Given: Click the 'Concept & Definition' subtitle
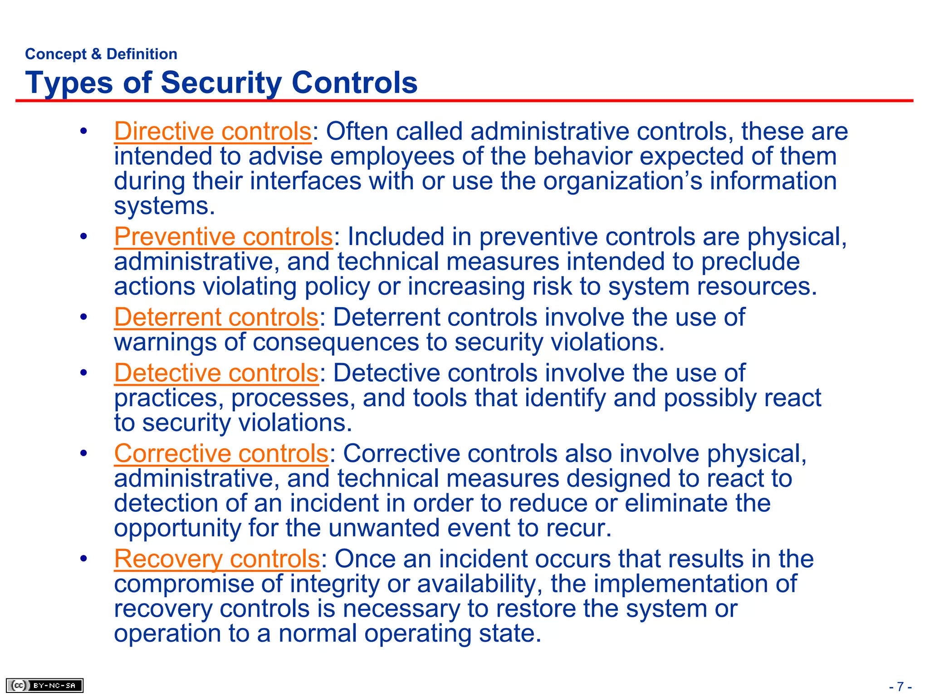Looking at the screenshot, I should (101, 54).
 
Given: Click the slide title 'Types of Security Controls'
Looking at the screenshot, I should (221, 83).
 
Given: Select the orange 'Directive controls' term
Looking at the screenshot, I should (213, 132).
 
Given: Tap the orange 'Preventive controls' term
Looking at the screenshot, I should (224, 237).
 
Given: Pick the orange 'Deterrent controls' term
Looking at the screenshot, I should (216, 317).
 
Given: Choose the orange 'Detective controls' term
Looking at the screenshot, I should (216, 373).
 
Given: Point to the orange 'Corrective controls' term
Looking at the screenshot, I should (221, 453).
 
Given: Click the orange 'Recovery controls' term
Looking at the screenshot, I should (217, 559).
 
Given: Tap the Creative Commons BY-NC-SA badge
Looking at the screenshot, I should (44, 685).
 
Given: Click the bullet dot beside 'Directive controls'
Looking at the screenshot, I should (83, 132).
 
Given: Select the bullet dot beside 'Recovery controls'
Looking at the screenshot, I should (83, 559).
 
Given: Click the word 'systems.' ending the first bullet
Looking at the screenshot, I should (164, 206).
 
